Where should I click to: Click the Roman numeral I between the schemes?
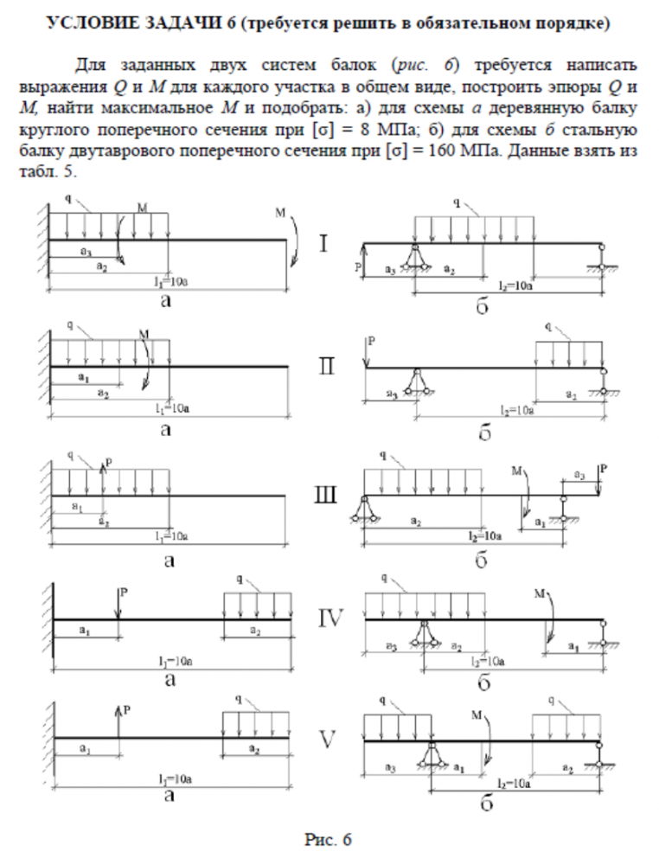(x=323, y=244)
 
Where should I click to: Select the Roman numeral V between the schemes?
(x=328, y=740)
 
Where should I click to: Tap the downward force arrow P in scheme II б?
(x=367, y=353)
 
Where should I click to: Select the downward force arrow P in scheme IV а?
(x=118, y=604)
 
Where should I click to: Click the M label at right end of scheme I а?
(x=280, y=213)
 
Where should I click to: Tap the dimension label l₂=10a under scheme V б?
(x=514, y=783)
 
